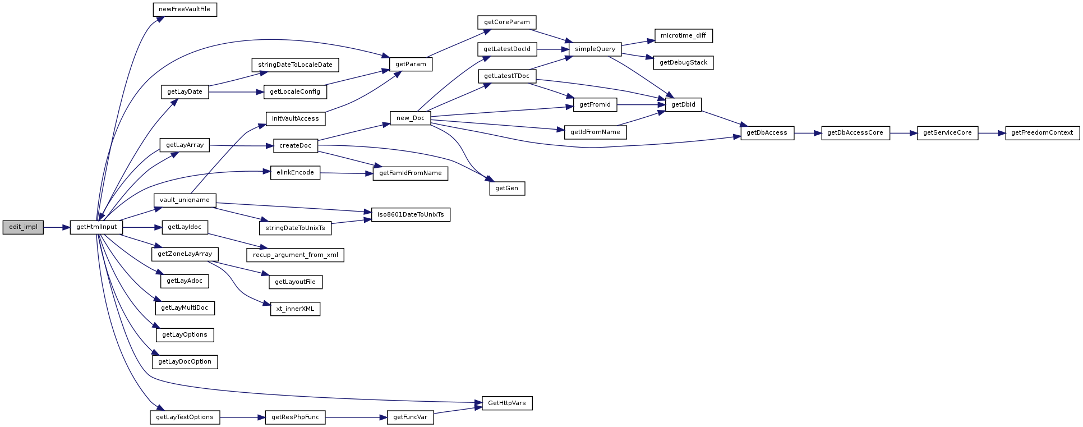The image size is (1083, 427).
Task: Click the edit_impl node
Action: [23, 227]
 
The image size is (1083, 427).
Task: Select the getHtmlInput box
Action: [96, 227]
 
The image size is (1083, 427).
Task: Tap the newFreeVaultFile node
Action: [185, 10]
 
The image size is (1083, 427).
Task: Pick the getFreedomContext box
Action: [1042, 133]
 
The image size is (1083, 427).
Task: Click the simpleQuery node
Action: [595, 49]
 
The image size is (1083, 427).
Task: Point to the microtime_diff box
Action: [683, 36]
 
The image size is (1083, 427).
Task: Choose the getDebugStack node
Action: [683, 63]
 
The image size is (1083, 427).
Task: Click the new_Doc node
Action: [411, 118]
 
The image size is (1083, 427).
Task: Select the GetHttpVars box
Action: [507, 403]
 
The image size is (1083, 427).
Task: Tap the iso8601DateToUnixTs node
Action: [411, 215]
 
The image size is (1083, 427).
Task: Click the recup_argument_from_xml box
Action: [296, 255]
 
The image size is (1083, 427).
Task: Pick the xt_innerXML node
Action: [296, 309]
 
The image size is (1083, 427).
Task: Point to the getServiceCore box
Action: [947, 133]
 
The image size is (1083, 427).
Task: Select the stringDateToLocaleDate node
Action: [296, 65]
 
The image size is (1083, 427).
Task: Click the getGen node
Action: [507, 189]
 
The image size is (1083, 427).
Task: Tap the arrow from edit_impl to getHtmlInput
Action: [57, 227]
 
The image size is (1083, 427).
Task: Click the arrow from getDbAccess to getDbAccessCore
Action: [808, 133]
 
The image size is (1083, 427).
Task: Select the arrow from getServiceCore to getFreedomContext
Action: [992, 133]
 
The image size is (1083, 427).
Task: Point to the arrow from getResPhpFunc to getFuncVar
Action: [356, 417]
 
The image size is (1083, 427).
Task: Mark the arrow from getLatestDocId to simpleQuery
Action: [553, 49]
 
